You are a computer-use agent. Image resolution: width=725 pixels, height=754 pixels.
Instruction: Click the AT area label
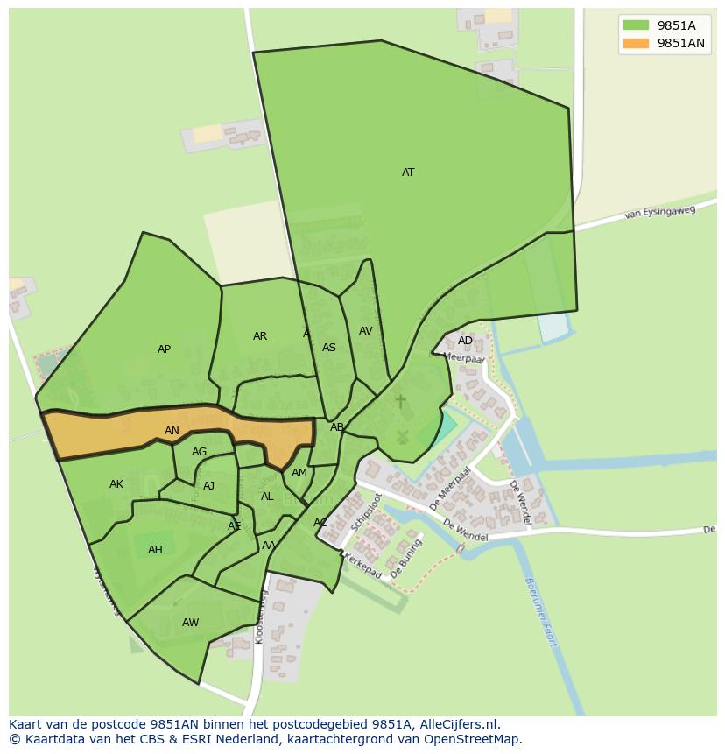pyautogui.click(x=408, y=173)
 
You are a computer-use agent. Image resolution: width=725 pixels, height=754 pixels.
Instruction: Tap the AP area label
pyautogui.click(x=164, y=349)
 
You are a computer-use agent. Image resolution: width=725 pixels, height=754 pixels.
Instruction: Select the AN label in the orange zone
pyautogui.click(x=172, y=431)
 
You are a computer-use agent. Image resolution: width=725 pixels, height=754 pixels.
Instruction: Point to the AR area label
pyautogui.click(x=260, y=336)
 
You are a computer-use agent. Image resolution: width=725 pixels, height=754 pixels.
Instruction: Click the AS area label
pyautogui.click(x=329, y=348)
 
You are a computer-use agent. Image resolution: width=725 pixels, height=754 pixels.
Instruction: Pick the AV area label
pyautogui.click(x=366, y=331)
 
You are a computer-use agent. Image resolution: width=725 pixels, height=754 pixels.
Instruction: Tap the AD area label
pyautogui.click(x=465, y=341)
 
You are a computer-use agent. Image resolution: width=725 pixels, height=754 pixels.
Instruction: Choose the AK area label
pyautogui.click(x=116, y=484)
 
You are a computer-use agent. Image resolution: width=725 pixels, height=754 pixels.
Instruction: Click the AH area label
pyautogui.click(x=155, y=550)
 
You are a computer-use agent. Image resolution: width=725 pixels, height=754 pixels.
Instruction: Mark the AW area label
pyautogui.click(x=190, y=623)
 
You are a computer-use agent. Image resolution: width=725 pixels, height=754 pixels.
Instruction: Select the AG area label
pyautogui.click(x=200, y=452)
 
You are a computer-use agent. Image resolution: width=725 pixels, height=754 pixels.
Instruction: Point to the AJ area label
pyautogui.click(x=208, y=486)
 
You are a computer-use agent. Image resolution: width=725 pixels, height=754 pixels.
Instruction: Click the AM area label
pyautogui.click(x=299, y=473)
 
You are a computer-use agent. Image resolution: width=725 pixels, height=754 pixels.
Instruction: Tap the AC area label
pyautogui.click(x=320, y=523)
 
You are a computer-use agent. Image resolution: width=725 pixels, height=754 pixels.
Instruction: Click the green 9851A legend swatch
pyautogui.click(x=636, y=25)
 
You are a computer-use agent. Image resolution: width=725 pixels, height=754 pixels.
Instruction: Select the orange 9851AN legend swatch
pyautogui.click(x=636, y=43)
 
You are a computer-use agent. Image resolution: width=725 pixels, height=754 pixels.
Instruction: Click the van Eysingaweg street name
pyautogui.click(x=659, y=212)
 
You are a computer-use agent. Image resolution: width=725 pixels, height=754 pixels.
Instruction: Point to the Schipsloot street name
pyautogui.click(x=366, y=512)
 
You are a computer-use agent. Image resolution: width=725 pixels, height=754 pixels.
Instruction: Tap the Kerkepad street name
pyautogui.click(x=362, y=566)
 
